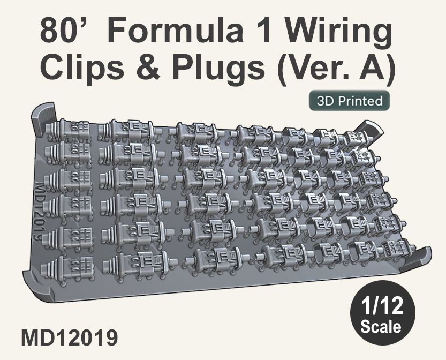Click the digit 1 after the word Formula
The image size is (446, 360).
pos(262,34)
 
